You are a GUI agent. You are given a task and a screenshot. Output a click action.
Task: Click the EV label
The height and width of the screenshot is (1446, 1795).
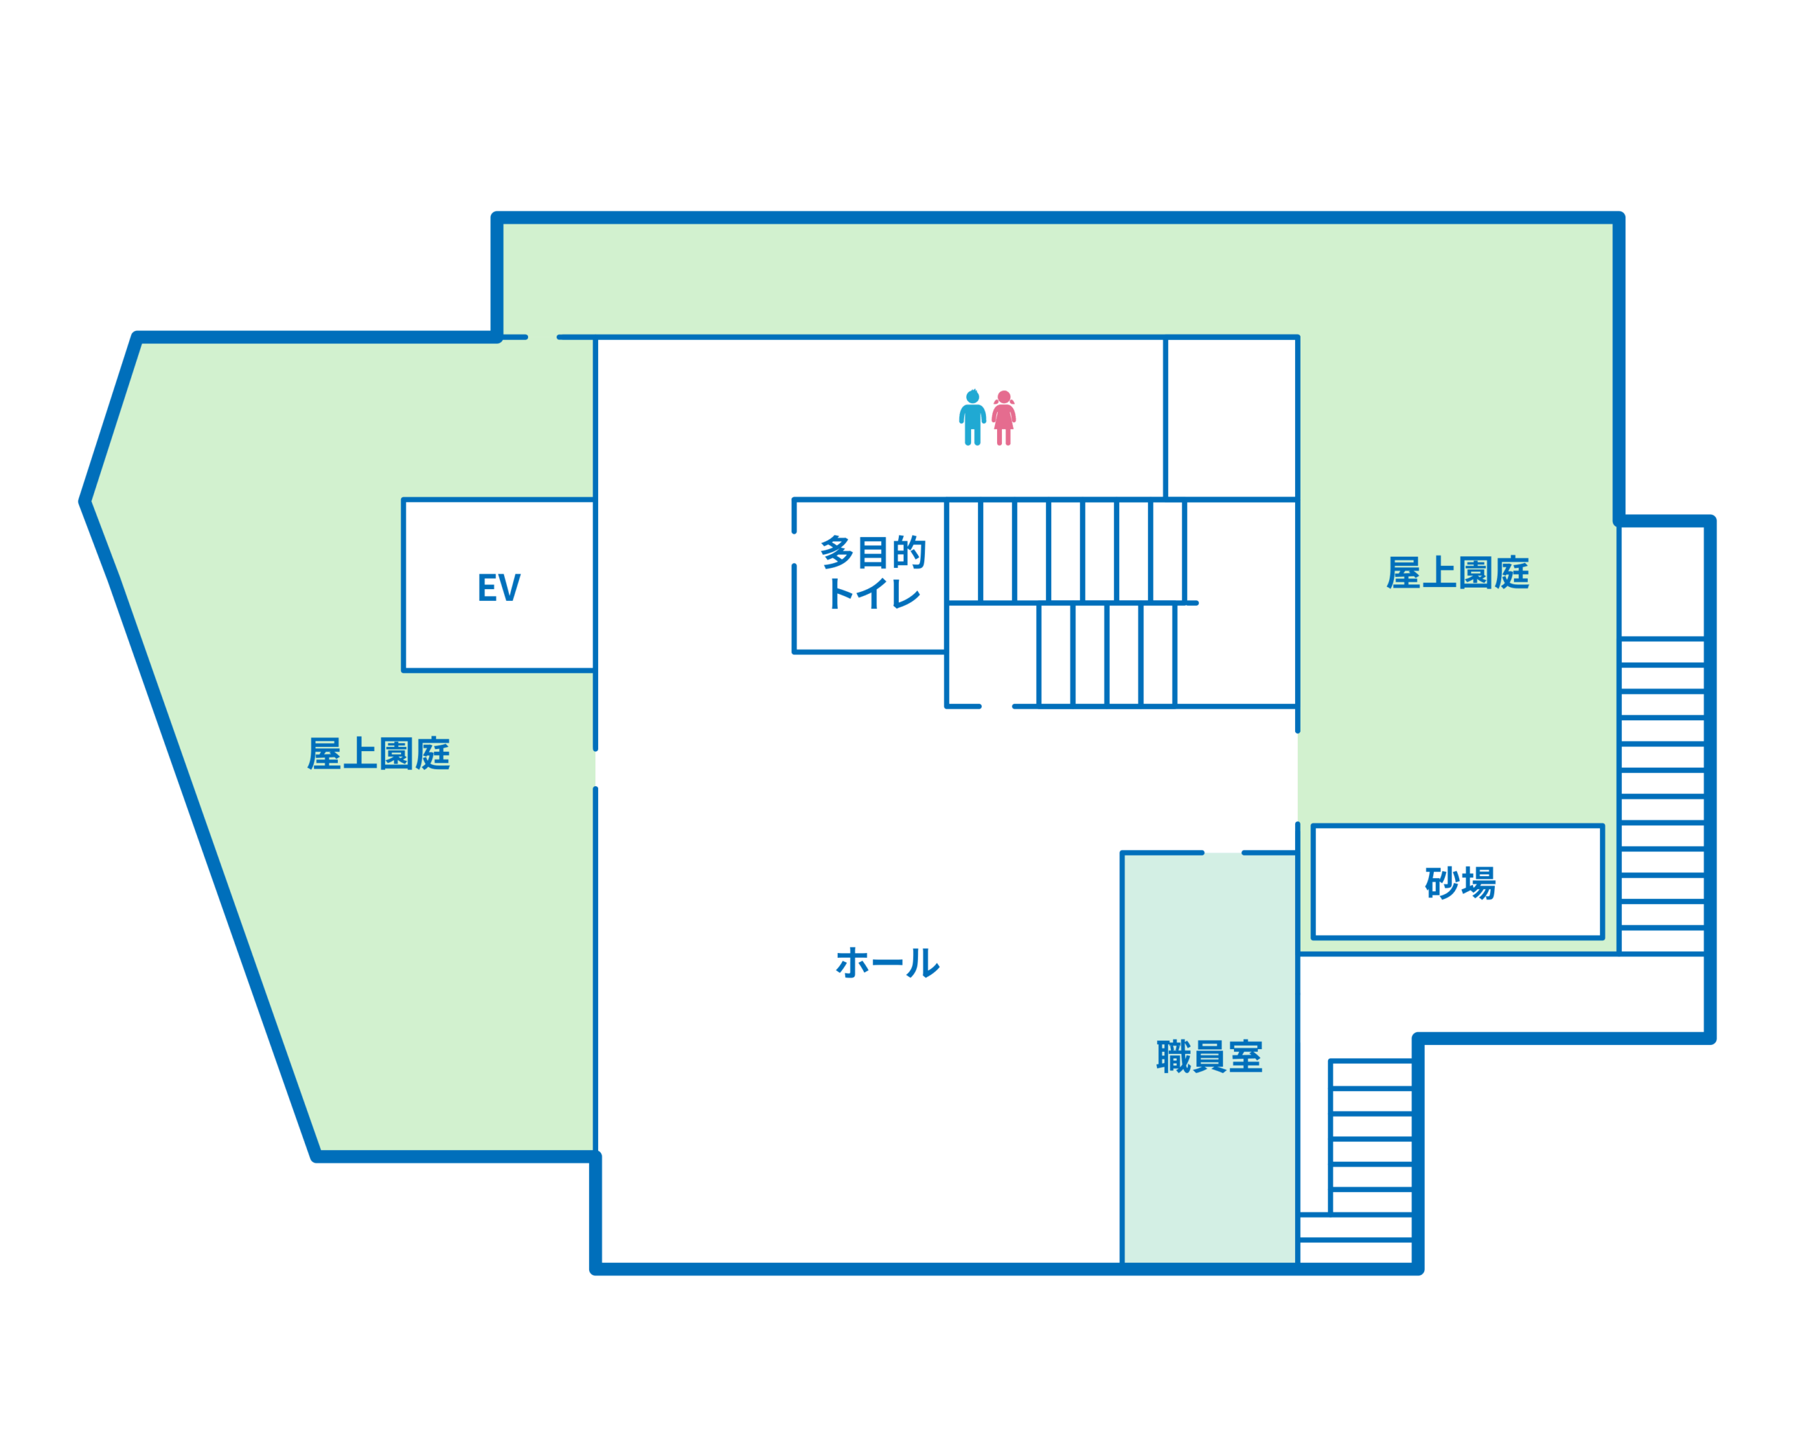point(499,587)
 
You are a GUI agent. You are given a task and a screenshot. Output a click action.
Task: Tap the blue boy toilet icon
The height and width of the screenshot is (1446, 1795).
point(972,417)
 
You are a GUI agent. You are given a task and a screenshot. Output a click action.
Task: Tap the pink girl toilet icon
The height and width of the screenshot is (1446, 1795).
point(1003,417)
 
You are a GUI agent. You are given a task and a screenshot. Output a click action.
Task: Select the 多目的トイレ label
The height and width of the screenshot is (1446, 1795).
point(873,572)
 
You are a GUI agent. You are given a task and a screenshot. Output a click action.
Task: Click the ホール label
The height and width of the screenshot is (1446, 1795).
point(887,962)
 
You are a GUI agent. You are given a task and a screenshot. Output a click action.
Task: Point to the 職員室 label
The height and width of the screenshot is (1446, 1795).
point(1210,1056)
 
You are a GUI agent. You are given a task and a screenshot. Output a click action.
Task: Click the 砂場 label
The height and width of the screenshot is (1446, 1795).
point(1460,883)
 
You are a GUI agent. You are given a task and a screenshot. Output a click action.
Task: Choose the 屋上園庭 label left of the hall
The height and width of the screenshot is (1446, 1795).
point(379,753)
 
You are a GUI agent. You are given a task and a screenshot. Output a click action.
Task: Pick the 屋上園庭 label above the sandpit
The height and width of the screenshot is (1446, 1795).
point(1458,572)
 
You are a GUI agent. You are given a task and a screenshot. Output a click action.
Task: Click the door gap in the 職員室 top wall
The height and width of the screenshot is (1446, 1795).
point(1223,853)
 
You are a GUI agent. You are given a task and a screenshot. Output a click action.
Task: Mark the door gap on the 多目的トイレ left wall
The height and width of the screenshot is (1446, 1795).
point(794,549)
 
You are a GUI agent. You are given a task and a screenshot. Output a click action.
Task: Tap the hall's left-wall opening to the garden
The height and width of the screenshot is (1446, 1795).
point(595,769)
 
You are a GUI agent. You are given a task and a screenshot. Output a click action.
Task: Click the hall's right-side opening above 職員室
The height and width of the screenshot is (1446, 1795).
point(1298,778)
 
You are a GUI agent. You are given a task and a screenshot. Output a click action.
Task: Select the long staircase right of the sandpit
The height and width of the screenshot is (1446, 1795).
point(1662,795)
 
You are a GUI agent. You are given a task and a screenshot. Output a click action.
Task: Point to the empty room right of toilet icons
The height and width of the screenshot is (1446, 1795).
point(1231,418)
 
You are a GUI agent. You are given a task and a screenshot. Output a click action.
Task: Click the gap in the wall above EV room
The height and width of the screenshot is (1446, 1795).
point(542,337)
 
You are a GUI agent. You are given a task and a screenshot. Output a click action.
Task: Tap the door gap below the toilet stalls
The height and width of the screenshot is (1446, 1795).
point(997,706)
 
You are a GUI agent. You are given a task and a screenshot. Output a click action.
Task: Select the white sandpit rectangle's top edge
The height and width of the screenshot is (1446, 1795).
point(1458,826)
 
